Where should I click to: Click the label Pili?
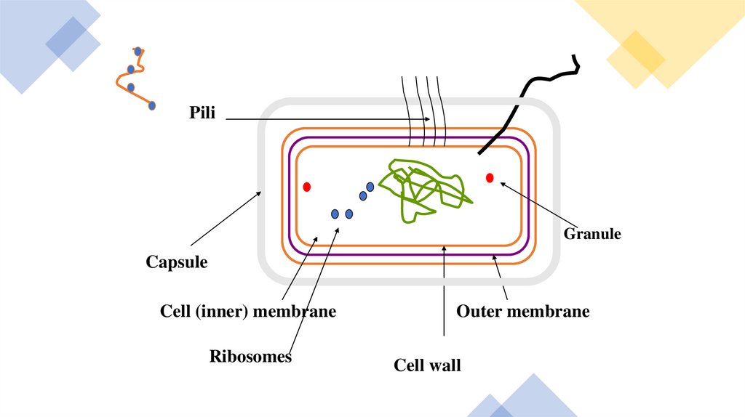click(x=202, y=113)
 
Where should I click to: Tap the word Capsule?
click(x=176, y=262)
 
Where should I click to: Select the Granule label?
click(x=592, y=234)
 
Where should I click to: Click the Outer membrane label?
click(x=522, y=312)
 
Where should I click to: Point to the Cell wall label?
click(x=427, y=365)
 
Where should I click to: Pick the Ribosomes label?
click(x=250, y=357)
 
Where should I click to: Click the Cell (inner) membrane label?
click(x=248, y=312)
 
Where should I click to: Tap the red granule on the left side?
click(x=307, y=187)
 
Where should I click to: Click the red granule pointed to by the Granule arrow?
click(x=490, y=177)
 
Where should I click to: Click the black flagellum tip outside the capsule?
click(x=575, y=60)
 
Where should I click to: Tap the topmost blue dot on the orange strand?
click(x=138, y=52)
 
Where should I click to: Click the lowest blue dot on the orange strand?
click(x=152, y=105)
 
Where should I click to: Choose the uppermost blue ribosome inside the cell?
click(x=370, y=187)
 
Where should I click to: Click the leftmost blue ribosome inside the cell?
click(x=335, y=214)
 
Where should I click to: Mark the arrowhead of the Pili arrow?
click(x=431, y=119)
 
